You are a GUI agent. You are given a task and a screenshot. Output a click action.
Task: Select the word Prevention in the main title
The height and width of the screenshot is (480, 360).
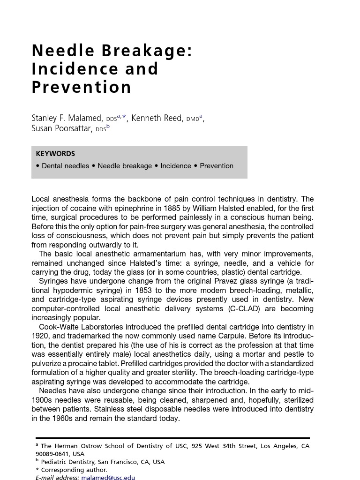(82, 87)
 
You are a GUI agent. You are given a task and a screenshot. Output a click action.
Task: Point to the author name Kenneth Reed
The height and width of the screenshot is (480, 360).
(157, 118)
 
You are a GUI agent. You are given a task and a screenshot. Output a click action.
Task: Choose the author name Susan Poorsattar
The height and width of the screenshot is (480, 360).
(61, 128)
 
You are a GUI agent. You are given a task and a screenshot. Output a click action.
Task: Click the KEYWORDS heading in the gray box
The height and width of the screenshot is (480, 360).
(55, 154)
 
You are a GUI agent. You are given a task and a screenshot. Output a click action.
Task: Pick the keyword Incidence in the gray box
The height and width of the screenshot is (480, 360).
(176, 166)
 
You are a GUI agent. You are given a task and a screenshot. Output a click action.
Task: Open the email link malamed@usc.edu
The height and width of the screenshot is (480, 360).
(108, 478)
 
